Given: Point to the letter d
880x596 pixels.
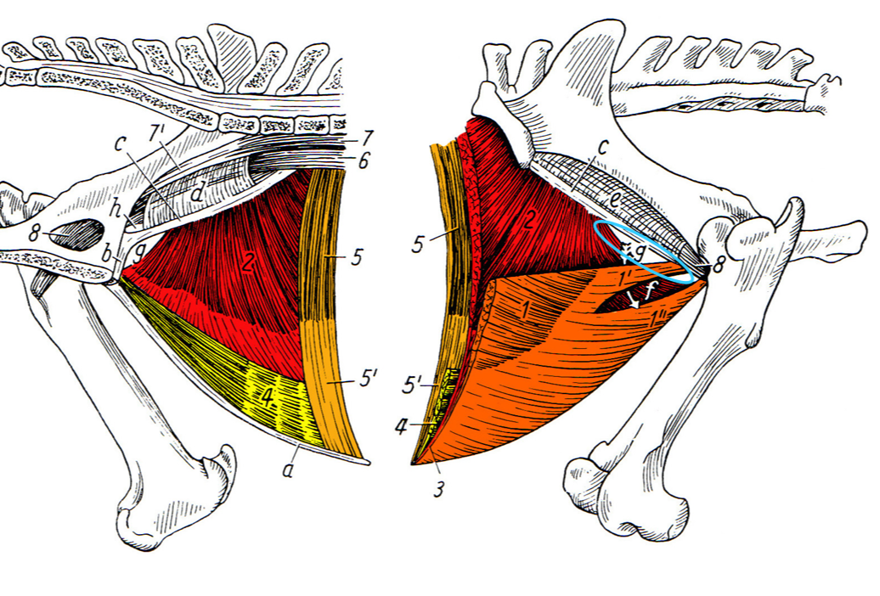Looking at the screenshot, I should coord(197,194).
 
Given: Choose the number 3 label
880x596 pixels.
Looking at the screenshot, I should coord(437,489).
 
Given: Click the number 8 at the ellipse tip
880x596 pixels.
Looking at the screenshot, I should coord(718,265).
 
